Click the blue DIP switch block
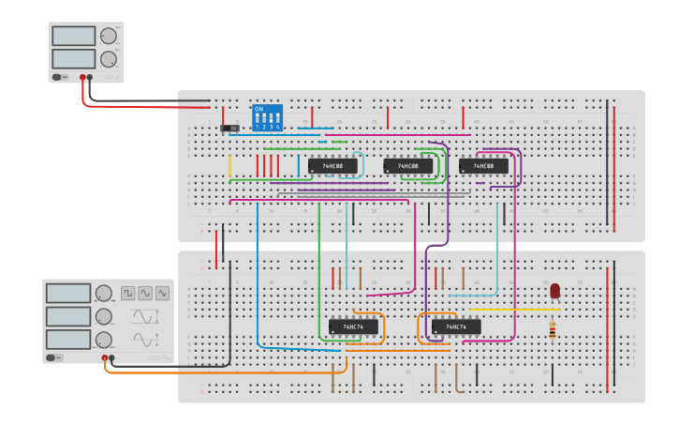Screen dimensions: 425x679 coord(266,118)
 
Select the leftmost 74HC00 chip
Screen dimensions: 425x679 coord(332,166)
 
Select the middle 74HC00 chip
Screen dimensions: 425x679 coord(408,166)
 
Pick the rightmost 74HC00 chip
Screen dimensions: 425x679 coord(483,166)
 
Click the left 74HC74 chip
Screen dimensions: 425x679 coord(353,326)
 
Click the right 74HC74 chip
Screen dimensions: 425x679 coord(456,326)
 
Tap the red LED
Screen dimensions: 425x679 coord(554,291)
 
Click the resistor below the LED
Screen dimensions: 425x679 coord(553,329)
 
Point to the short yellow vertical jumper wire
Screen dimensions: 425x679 coord(229,166)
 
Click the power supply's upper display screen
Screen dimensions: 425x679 coord(74,36)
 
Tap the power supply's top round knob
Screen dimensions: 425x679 coord(108,36)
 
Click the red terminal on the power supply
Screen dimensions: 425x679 coord(83,77)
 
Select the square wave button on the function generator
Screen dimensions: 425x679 coord(127,293)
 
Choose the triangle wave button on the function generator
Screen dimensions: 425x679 coord(163,293)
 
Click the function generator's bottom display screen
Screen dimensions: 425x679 coord(67,339)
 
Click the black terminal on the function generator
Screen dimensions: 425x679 coord(111,357)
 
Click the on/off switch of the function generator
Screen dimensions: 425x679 coord(57,357)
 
